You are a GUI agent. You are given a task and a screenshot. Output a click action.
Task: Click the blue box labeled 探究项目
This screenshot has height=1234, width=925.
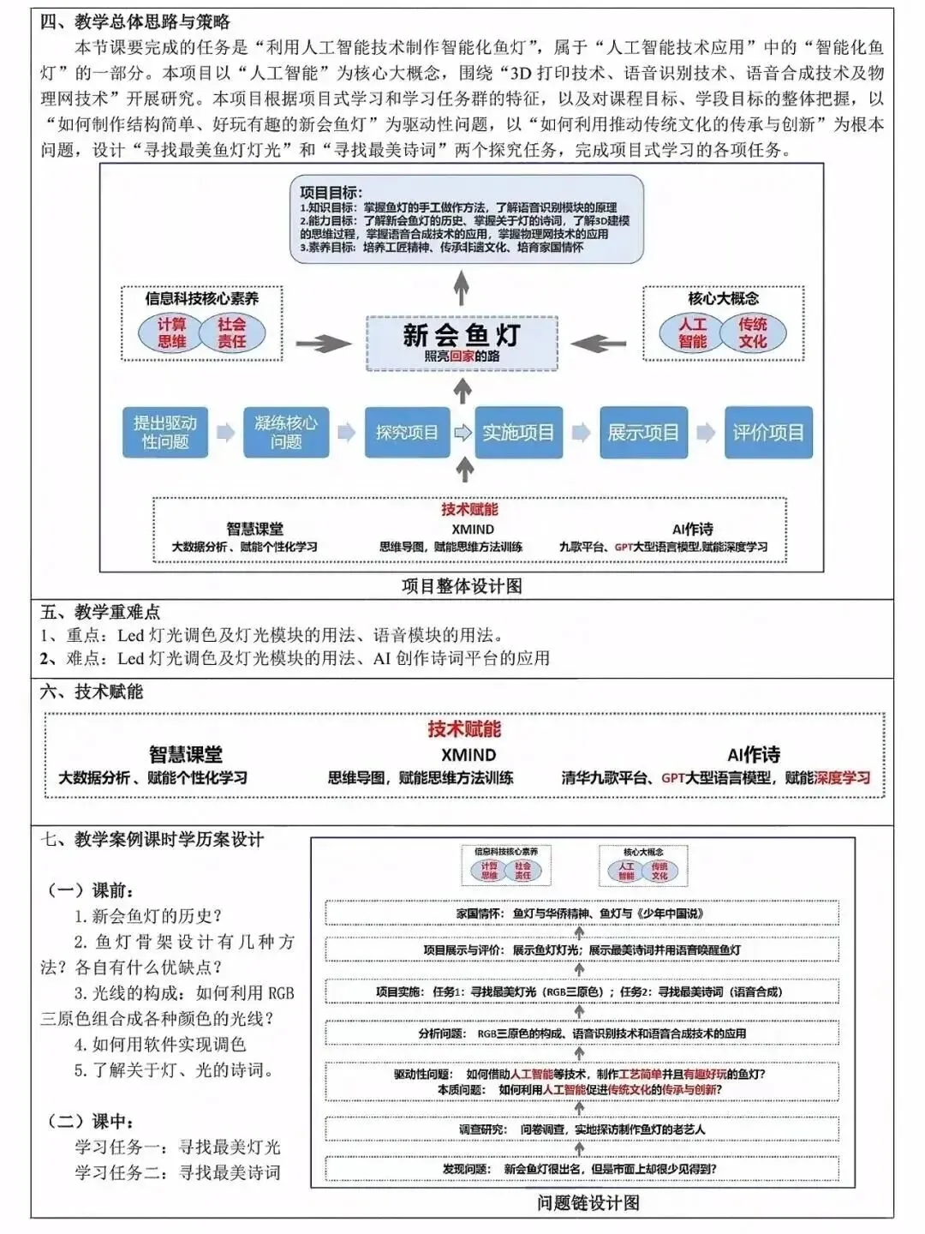[406, 433]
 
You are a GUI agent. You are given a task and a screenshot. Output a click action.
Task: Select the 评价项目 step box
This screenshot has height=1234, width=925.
[768, 433]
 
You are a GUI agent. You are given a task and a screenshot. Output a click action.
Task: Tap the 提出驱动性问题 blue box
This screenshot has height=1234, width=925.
[165, 433]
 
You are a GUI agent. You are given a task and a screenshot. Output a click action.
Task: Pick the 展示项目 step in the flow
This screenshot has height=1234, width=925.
[642, 433]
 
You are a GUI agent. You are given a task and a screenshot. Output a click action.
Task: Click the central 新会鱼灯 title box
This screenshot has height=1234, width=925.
[462, 342]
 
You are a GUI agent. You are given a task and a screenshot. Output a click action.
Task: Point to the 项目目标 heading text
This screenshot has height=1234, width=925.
[331, 193]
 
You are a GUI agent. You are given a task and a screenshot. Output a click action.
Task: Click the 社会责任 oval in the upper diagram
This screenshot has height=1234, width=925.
[231, 332]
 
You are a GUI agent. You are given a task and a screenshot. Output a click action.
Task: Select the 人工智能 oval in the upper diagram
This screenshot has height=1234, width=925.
[692, 332]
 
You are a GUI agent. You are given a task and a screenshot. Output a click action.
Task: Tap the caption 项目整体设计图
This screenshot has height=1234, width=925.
[462, 586]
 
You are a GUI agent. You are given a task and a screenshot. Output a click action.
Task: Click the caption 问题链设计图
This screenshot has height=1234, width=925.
[588, 1202]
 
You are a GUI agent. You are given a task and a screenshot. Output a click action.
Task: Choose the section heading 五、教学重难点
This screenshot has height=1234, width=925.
[100, 612]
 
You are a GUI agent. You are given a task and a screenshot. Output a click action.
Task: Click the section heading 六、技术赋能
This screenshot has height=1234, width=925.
[92, 692]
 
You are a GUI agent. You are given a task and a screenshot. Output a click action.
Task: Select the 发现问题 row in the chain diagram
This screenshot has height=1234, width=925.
[581, 1168]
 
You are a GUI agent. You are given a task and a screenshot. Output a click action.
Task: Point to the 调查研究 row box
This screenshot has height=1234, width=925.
[581, 1129]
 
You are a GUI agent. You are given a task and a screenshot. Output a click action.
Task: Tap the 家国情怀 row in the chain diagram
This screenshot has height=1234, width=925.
[581, 914]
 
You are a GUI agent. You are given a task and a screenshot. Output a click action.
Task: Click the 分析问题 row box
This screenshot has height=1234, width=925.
[581, 1033]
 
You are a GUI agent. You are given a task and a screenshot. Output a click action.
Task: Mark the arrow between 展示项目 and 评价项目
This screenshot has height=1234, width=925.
[705, 433]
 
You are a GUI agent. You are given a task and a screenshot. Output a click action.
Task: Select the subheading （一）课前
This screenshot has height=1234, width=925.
[90, 890]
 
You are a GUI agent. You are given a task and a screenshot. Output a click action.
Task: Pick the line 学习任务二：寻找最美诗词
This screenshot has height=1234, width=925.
[177, 1172]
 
